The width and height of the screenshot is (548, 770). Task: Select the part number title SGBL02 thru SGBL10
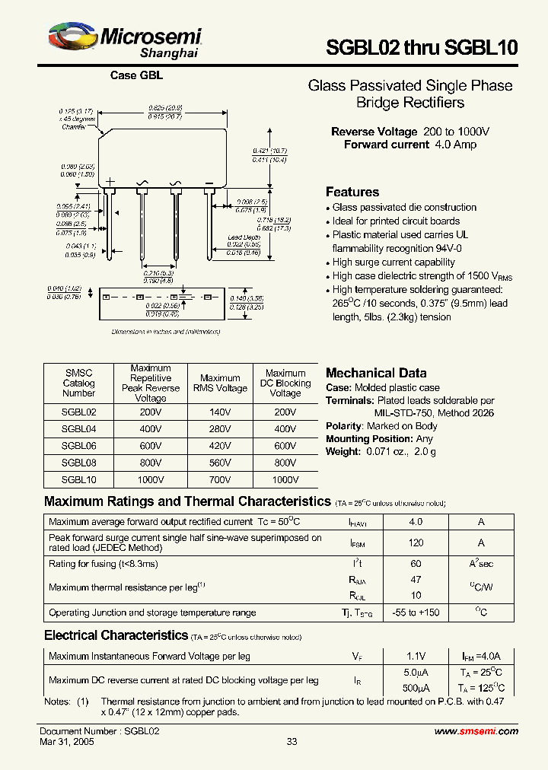click(422, 47)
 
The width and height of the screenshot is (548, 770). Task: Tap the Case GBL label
click(136, 75)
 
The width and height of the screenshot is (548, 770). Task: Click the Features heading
click(352, 192)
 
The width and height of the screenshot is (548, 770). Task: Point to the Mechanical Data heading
click(376, 373)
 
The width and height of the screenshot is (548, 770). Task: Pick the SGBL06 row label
click(78, 446)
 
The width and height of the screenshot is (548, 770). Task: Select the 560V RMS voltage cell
click(220, 463)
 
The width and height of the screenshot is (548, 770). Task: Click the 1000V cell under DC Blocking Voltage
click(285, 480)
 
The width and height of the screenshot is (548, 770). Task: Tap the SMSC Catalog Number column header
click(78, 383)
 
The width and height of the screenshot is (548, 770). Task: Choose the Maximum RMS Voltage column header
click(220, 383)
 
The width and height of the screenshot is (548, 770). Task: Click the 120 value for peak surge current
click(416, 543)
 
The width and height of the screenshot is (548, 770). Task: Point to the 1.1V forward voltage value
click(416, 656)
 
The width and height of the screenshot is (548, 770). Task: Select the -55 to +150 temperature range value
click(416, 612)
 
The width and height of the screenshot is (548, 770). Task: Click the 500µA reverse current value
click(416, 688)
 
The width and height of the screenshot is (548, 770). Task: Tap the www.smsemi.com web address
click(476, 730)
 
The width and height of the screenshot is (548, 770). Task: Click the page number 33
click(292, 742)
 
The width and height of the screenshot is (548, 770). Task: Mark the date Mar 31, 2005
click(67, 741)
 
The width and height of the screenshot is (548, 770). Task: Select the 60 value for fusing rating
click(416, 564)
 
